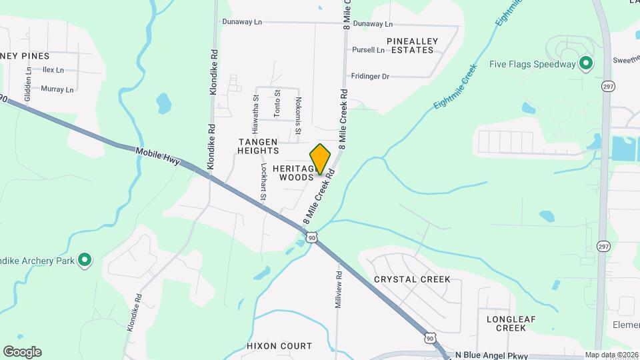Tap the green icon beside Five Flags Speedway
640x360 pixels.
[586, 64]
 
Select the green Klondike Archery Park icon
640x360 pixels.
[85, 260]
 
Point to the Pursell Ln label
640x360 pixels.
[369, 50]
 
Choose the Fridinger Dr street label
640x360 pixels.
[370, 77]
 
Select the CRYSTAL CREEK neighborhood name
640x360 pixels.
[412, 279]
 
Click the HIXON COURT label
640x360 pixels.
[279, 346]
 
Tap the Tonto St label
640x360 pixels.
[277, 103]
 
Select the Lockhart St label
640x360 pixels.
[263, 183]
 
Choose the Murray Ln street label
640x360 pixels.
[57, 89]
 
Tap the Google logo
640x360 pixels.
[22, 352]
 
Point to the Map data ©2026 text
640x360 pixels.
[611, 355]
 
